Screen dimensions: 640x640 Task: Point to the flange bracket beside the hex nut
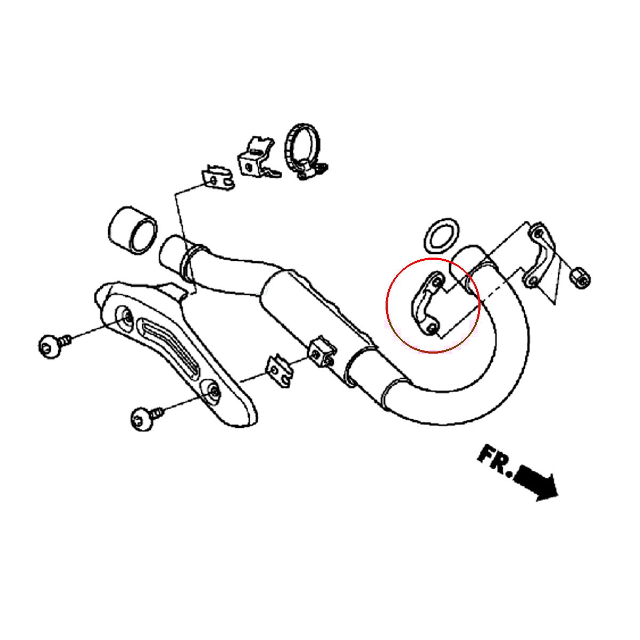click(539, 256)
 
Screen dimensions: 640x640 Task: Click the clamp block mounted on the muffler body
click(322, 353)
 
